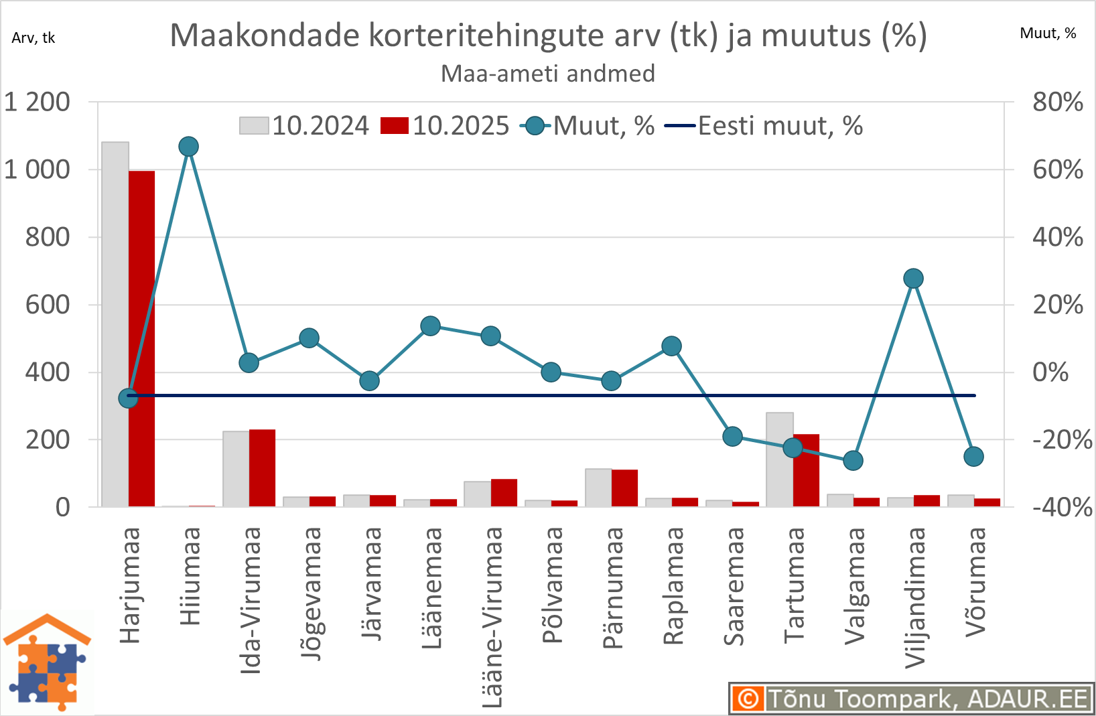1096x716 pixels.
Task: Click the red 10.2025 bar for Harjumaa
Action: pos(141,338)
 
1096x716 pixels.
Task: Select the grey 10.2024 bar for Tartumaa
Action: pos(780,459)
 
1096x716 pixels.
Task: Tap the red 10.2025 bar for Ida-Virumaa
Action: pos(262,468)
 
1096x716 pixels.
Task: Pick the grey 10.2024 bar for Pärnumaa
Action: pos(598,488)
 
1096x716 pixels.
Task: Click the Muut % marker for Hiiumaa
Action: pos(189,147)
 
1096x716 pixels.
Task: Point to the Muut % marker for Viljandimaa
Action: pos(913,279)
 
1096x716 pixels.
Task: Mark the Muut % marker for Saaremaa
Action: pos(733,437)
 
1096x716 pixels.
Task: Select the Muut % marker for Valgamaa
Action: pos(853,461)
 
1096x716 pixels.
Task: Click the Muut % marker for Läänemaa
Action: pos(430,326)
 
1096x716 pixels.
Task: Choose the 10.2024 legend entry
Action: pos(305,126)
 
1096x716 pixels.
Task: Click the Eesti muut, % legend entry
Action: pos(764,126)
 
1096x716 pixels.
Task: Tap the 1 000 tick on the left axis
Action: pos(37,169)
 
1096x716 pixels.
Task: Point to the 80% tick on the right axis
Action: pos(1057,102)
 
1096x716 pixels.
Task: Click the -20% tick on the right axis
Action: pos(1062,440)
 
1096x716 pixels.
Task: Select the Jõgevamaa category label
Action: pos(310,593)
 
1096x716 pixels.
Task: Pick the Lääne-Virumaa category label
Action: pos(492,617)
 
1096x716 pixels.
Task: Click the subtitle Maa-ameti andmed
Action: pos(547,74)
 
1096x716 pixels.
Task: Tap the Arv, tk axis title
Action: pos(33,38)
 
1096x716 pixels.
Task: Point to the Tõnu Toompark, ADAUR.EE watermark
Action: pos(911,699)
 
